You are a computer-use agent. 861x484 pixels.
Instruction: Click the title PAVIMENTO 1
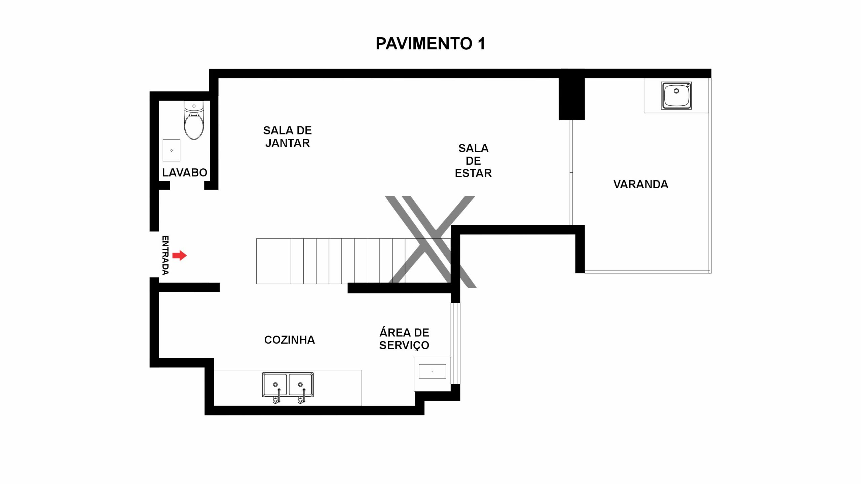tap(430, 44)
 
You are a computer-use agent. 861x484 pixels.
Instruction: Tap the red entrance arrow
tap(180, 255)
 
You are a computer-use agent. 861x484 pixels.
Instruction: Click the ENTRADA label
tap(165, 255)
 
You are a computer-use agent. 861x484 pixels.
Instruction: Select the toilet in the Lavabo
tap(194, 120)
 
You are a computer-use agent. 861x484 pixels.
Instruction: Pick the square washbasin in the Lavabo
tap(172, 150)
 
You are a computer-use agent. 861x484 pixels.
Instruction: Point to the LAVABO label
tap(185, 173)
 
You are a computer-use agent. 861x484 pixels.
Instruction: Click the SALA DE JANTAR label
tap(288, 137)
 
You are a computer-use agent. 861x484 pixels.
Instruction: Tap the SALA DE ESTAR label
tap(473, 161)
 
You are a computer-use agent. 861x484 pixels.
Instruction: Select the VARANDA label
tap(641, 185)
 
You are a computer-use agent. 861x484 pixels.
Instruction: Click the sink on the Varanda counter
tap(676, 95)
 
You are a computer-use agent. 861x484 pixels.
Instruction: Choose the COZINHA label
tap(290, 340)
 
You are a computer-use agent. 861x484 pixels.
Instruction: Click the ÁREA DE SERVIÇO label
tap(404, 339)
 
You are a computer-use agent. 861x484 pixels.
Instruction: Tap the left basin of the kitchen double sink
tap(275, 385)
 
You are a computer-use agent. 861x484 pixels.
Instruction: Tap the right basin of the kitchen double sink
tap(301, 385)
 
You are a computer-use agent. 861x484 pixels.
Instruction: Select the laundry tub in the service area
tap(432, 374)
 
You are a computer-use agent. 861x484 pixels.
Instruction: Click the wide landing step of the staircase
tap(273, 261)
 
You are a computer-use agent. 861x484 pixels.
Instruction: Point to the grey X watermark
tap(430, 242)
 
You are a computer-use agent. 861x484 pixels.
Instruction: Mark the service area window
tap(455, 343)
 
